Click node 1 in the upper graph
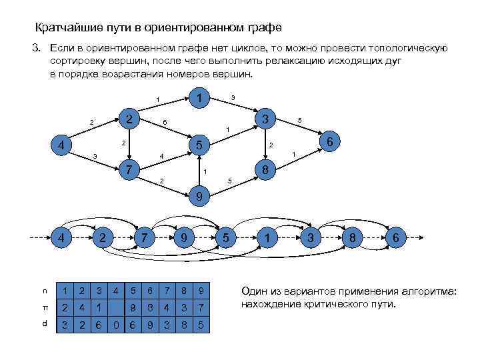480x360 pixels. tap(197, 99)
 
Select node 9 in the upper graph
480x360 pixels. tap(199, 197)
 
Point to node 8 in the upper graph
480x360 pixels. tap(265, 170)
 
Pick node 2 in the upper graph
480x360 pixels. tap(131, 118)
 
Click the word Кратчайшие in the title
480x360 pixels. tap(67, 28)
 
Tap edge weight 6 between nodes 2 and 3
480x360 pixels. tap(165, 123)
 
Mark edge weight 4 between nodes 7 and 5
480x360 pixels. tap(161, 157)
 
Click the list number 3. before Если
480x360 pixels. tap(37, 49)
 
